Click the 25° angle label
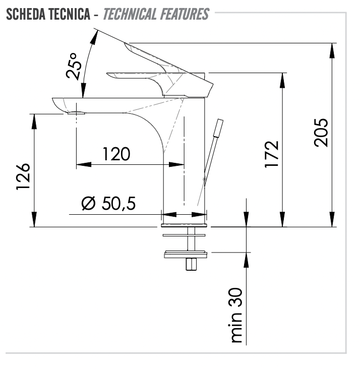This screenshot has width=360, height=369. coord(74,66)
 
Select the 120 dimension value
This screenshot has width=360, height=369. coord(116,154)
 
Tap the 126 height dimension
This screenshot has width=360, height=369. coord(23,176)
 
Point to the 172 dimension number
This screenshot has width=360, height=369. coord(271,154)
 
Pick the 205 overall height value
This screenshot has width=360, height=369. coord(321,133)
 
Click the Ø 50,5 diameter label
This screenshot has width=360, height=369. coord(108,203)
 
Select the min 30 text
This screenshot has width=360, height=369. coord(235,315)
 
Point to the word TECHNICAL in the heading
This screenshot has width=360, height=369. coord(130,14)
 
